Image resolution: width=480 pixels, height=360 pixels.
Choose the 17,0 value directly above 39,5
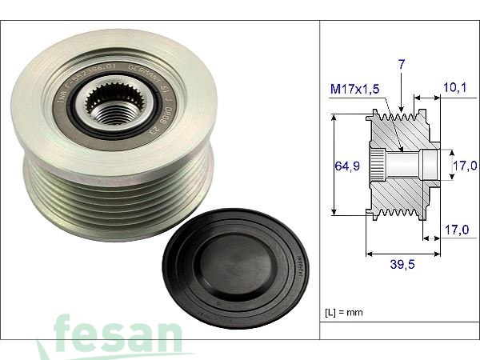click(x=458, y=230)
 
